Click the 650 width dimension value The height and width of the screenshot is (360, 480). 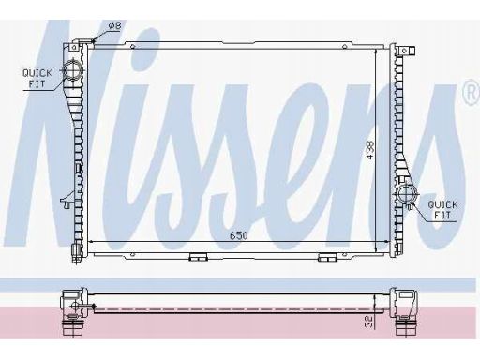(239, 235)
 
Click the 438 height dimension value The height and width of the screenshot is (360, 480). (370, 150)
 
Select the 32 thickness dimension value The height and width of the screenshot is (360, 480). (369, 322)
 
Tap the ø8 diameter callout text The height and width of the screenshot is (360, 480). (114, 25)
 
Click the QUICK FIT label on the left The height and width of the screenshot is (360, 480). (37, 78)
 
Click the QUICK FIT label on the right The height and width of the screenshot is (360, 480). (442, 210)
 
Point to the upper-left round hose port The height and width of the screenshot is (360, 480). (72, 70)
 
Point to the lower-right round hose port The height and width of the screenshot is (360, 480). (406, 194)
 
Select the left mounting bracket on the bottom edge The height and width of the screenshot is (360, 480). (199, 257)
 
